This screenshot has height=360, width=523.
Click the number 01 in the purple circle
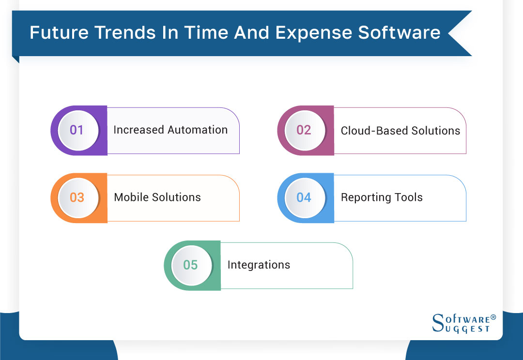point(77,130)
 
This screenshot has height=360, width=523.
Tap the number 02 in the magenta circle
point(304,130)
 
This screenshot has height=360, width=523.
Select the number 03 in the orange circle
point(77,197)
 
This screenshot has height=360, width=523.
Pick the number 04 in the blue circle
point(304,197)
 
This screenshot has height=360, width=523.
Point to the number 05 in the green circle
point(190,265)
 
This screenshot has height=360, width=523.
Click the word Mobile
point(129,197)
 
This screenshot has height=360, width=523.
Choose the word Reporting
point(364,198)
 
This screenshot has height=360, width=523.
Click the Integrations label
point(259,265)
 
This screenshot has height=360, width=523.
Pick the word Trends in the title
point(129,33)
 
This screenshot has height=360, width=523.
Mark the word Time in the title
point(206,33)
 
